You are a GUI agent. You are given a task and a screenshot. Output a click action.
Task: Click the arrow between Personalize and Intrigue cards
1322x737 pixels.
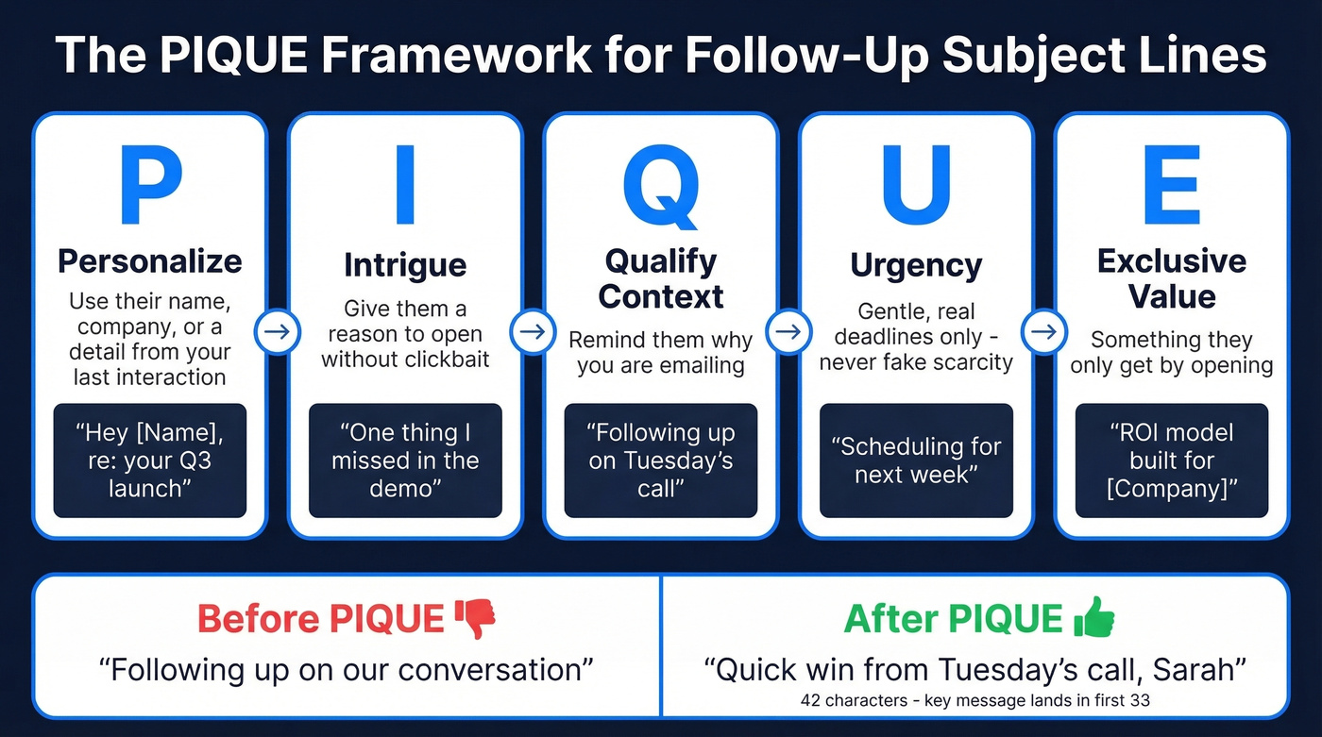click(x=278, y=332)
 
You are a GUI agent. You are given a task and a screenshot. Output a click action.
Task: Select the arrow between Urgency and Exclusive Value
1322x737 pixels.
click(x=1043, y=332)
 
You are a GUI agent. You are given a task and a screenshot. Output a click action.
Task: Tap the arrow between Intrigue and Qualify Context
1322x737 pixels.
click(x=533, y=332)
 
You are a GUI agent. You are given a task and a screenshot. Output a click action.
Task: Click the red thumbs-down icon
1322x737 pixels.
click(x=475, y=618)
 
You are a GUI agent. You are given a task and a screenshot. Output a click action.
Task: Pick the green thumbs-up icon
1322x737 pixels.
click(x=1094, y=618)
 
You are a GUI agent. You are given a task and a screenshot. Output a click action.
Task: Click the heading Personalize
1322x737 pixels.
click(x=150, y=261)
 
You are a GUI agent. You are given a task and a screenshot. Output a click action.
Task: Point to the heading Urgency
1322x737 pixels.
click(x=916, y=265)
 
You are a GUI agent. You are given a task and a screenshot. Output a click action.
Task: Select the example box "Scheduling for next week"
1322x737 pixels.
click(x=916, y=461)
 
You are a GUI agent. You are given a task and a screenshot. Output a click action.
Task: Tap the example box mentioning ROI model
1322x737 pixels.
click(x=1171, y=461)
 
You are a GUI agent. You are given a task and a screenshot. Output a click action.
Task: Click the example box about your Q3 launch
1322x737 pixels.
click(x=150, y=461)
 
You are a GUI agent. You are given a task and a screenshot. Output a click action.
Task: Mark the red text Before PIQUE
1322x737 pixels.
click(x=321, y=619)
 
